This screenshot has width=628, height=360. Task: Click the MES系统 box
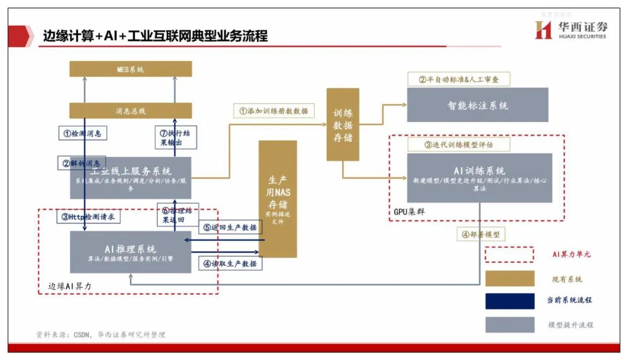click(x=130, y=69)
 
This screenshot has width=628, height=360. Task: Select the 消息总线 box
click(x=130, y=111)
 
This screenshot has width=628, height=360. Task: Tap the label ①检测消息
click(x=82, y=133)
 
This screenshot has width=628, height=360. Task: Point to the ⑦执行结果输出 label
click(x=175, y=137)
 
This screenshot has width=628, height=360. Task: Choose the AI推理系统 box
click(x=130, y=252)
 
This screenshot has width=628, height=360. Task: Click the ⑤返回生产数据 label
click(x=230, y=227)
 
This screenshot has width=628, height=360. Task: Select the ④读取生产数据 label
click(x=230, y=263)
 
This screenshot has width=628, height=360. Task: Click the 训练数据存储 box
click(x=342, y=124)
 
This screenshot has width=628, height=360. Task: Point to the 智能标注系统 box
click(x=477, y=105)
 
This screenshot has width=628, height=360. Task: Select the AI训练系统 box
click(x=479, y=177)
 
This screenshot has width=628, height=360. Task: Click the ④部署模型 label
click(x=480, y=236)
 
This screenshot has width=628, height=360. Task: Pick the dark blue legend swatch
click(x=509, y=301)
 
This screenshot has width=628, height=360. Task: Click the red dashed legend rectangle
click(x=509, y=255)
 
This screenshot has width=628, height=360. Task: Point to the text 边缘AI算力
click(x=70, y=286)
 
